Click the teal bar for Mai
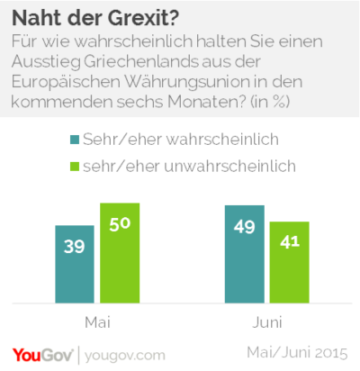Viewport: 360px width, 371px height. coord(75,264)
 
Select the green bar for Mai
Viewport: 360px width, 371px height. coord(120,253)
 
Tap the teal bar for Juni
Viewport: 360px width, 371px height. coord(245,254)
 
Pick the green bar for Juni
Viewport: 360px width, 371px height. coord(290,262)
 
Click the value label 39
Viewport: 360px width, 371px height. coord(75,247)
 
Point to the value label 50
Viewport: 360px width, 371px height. coord(120,224)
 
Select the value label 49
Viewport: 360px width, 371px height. coord(245,227)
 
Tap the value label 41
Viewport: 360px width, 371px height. coord(290,241)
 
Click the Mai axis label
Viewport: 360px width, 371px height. coord(98,322)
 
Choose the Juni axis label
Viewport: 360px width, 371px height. coord(267,322)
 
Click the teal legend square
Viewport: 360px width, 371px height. coord(75,140)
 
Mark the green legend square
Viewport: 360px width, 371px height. coord(75,167)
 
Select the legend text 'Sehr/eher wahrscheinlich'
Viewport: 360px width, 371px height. coord(181,140)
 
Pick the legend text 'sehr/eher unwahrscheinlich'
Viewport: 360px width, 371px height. coord(189,167)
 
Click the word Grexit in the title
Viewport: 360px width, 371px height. coord(143,18)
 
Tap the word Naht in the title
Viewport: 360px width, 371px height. coord(37,18)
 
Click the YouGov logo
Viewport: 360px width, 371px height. coord(42,356)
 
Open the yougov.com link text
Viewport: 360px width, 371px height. coord(125,356)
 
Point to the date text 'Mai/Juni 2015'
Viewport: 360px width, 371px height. coord(297,353)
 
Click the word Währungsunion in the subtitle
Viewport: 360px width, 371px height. coord(187,82)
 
